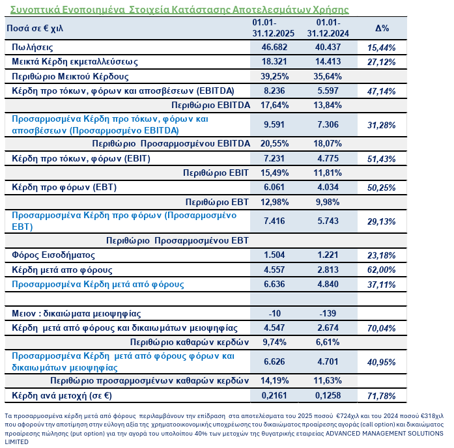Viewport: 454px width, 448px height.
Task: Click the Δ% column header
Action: pos(382,29)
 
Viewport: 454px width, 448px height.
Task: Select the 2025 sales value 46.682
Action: pos(274,48)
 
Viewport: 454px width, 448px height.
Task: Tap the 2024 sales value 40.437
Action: pos(328,48)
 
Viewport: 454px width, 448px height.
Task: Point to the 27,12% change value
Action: pos(382,62)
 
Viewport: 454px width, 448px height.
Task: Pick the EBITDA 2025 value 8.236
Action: pos(274,91)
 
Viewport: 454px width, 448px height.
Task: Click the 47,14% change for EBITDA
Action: pos(382,91)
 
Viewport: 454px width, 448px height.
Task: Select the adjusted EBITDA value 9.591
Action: pos(274,124)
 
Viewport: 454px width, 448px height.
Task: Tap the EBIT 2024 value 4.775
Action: pos(328,158)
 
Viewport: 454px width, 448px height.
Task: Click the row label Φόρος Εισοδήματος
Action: pos(53,254)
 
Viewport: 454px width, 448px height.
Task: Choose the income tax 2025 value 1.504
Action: pos(274,254)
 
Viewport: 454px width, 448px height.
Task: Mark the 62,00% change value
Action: pos(382,270)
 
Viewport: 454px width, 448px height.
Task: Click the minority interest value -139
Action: pos(328,313)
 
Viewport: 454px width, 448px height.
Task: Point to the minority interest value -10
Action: pos(274,313)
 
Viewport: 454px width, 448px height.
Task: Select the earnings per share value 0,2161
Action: pos(274,395)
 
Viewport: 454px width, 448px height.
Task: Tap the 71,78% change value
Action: pos(382,396)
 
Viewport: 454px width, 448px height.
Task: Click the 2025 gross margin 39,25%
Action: pos(274,76)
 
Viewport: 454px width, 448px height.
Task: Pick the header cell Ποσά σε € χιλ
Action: pos(39,29)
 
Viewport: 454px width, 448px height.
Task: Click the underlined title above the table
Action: pos(176,10)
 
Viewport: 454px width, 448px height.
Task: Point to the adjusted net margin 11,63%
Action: pos(328,381)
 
